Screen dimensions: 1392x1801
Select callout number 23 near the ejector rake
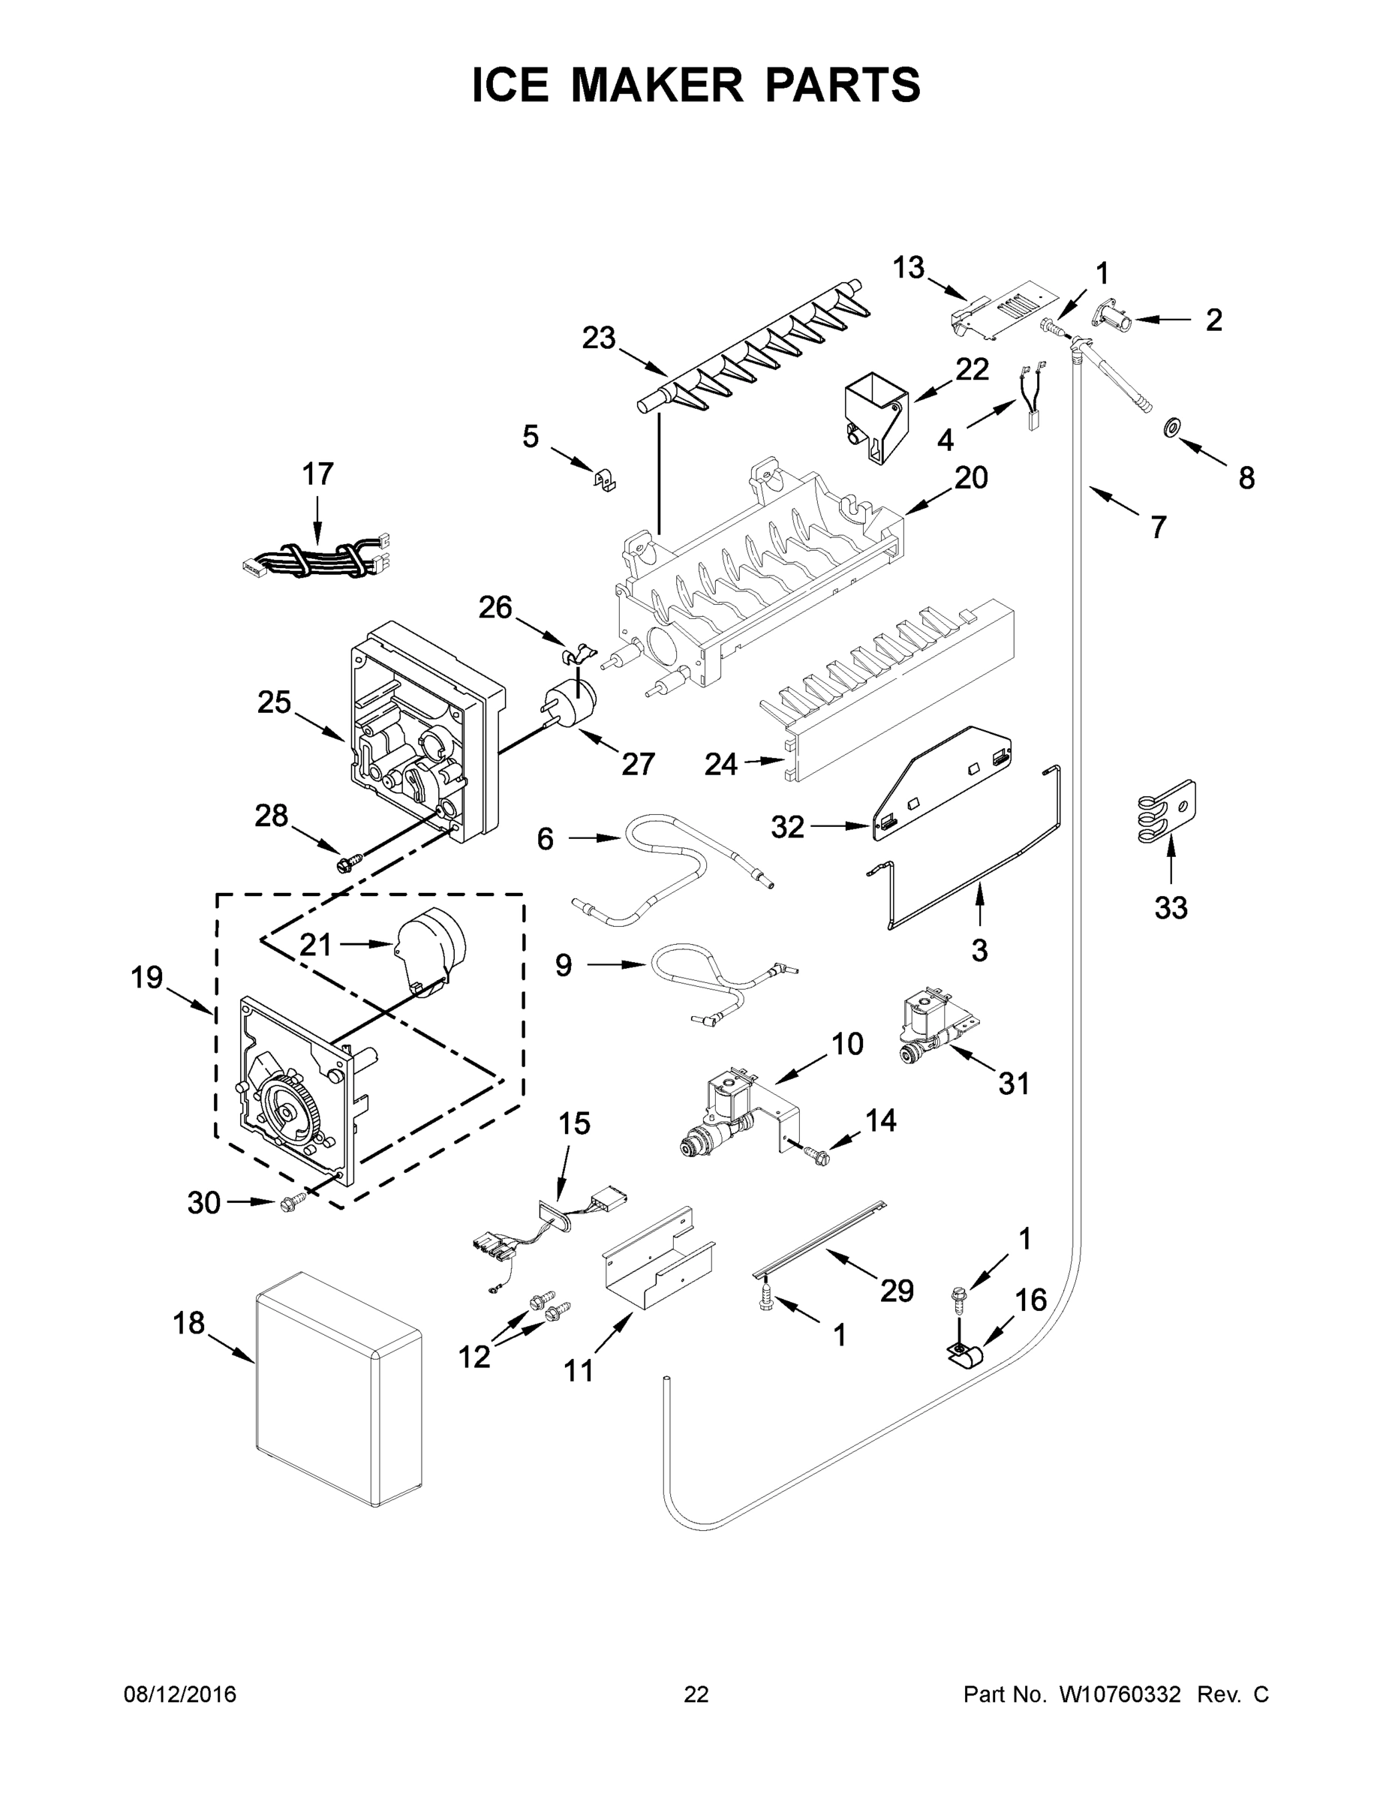599,338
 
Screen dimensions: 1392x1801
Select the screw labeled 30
292,1204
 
